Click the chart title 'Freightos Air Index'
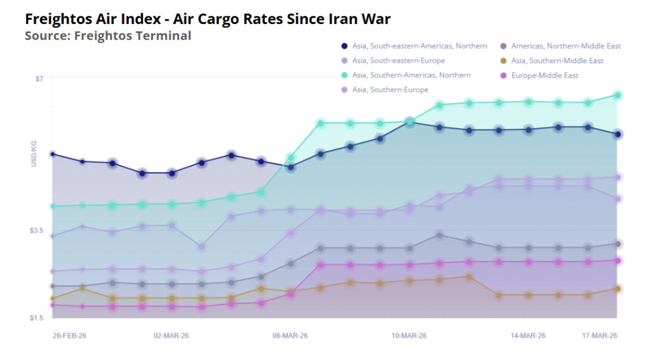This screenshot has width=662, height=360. (208, 19)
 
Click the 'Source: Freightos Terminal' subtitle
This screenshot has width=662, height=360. (108, 36)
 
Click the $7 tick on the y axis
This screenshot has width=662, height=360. (39, 78)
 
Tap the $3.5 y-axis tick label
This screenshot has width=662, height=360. (36, 231)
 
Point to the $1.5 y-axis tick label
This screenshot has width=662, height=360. (36, 318)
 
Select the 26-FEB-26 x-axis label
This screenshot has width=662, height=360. (70, 336)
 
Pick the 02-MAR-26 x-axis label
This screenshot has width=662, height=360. (171, 336)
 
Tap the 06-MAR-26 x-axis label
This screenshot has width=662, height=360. (290, 336)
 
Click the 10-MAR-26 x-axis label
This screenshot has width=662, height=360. (409, 336)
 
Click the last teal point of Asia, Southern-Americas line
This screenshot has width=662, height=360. (617, 95)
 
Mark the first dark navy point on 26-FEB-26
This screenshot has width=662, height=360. (53, 154)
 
